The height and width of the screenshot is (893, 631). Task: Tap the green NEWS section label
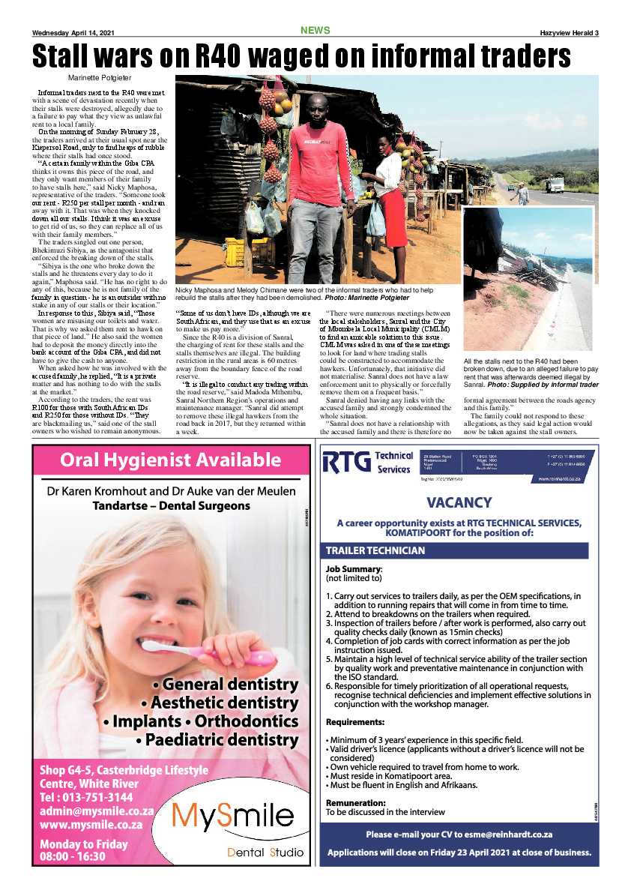[x=315, y=30]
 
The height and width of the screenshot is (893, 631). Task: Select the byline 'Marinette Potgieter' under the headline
[x=99, y=78]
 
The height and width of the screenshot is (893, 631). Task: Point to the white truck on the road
[x=555, y=185]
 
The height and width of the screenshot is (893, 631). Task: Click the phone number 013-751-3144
[x=86, y=797]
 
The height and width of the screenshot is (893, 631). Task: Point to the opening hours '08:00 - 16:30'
[x=73, y=858]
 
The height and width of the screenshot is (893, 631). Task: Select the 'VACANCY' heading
[x=459, y=502]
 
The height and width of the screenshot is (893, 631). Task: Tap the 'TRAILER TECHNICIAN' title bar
[x=375, y=550]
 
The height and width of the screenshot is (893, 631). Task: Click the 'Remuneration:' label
[x=355, y=802]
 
